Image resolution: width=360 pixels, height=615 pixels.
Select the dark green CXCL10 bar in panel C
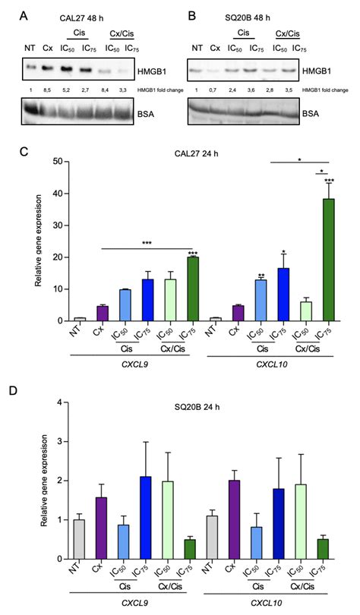click(x=329, y=259)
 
